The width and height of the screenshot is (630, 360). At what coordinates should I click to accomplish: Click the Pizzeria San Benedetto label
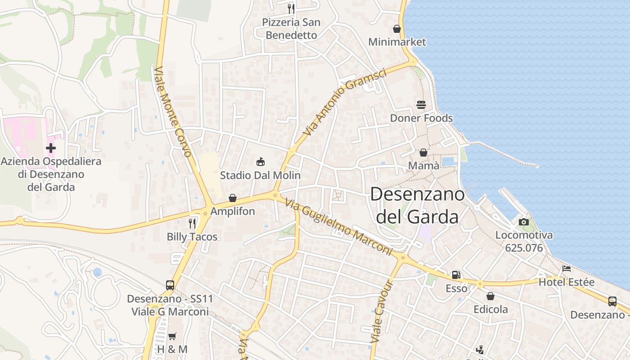[291, 28]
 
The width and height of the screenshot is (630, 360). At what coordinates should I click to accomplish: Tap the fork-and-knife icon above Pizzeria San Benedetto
[291, 9]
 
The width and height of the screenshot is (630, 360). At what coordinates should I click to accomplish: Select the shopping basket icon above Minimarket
[397, 29]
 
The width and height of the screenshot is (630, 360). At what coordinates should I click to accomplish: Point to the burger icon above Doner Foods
[421, 105]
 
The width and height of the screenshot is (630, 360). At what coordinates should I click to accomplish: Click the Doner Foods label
[421, 118]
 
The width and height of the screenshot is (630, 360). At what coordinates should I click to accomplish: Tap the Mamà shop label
[423, 166]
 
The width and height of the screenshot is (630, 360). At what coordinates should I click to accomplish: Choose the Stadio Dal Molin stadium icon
[260, 162]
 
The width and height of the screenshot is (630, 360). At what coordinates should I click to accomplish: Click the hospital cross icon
[51, 148]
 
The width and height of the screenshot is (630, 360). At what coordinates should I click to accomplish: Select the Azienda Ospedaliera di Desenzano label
[51, 174]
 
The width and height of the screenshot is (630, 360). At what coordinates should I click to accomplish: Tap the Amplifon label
[233, 211]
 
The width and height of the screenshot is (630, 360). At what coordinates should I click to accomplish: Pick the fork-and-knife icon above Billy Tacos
[192, 223]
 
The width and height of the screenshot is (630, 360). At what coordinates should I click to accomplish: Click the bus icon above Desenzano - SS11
[170, 285]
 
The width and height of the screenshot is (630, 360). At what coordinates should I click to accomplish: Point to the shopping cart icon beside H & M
[172, 336]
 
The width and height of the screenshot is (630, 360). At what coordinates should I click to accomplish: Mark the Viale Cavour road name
[382, 311]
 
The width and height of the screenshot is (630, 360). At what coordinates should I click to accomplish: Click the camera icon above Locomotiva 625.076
[523, 222]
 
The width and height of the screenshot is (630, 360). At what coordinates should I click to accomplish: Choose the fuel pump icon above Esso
[456, 274]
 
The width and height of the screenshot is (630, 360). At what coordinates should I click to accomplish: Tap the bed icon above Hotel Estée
[567, 269]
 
